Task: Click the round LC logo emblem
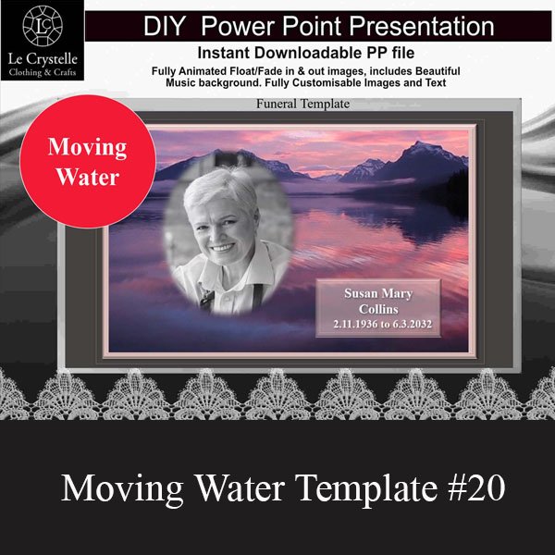coord(43,26)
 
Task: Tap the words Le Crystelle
coord(43,59)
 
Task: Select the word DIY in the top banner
coord(165,26)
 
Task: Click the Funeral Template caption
coord(303,104)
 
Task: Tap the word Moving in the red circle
coord(88,148)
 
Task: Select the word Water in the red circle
coord(88,177)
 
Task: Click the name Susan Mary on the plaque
coord(378,293)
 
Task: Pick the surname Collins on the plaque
coord(378,309)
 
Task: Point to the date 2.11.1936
coord(355,324)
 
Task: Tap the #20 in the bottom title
coord(476,487)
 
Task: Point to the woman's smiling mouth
coord(222,247)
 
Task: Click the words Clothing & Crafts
coord(43,73)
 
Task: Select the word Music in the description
coord(180,83)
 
